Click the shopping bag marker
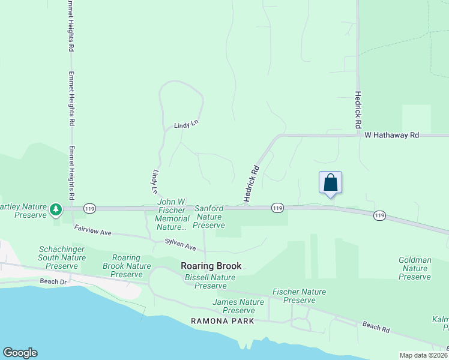[330, 182]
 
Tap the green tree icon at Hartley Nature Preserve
[56, 209]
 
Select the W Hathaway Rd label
[391, 136]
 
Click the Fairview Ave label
[93, 230]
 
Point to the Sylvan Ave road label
[181, 245]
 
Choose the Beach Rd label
[376, 327]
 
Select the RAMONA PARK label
[223, 321]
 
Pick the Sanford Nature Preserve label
[209, 217]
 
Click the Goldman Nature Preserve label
[415, 268]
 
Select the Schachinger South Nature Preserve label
[58, 257]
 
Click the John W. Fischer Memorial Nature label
[172, 214]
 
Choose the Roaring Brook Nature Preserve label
[126, 266]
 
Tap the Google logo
[20, 353]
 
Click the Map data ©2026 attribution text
[424, 355]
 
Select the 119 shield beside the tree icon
[89, 208]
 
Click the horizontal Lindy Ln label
[186, 125]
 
